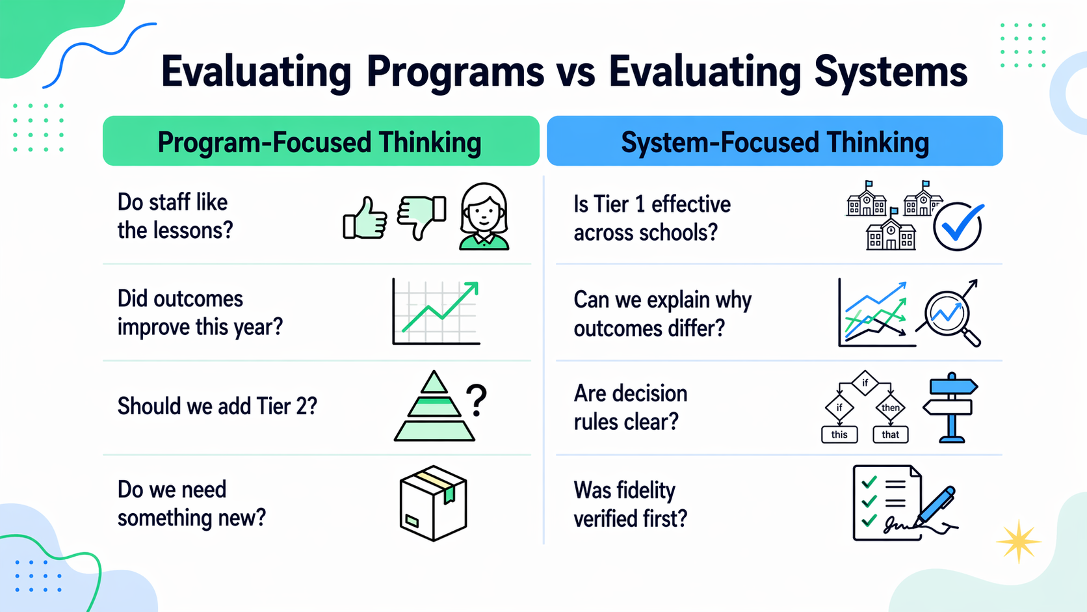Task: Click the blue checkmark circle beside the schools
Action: pos(957,226)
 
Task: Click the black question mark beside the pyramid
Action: pos(477,400)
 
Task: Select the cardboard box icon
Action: pos(433,503)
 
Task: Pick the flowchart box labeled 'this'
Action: pos(839,434)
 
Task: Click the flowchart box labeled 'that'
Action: pos(890,434)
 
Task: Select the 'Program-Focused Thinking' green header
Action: pos(321,141)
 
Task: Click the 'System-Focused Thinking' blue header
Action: pos(774,141)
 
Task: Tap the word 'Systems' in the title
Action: pos(891,72)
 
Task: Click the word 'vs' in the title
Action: pos(576,72)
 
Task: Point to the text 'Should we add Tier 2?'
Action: pos(217,406)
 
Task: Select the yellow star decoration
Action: pos(1018,541)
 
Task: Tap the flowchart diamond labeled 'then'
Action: pos(890,408)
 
